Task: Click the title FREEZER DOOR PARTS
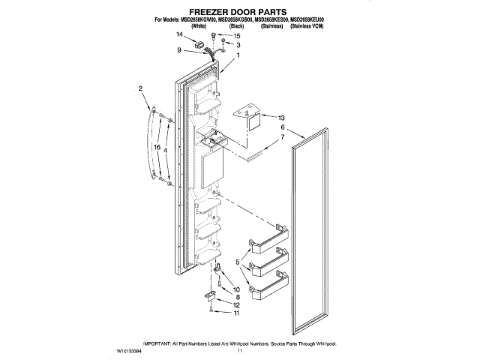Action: pyautogui.click(x=239, y=13)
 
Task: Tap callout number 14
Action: pyautogui.click(x=180, y=35)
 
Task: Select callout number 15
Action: pyautogui.click(x=238, y=36)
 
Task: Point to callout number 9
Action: pyautogui.click(x=180, y=50)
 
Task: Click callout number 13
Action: pyautogui.click(x=282, y=118)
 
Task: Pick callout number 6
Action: pyautogui.click(x=282, y=128)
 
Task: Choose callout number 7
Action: pyautogui.click(x=282, y=139)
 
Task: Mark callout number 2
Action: pyautogui.click(x=140, y=90)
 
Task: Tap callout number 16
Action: pyautogui.click(x=157, y=148)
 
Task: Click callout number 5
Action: pyautogui.click(x=238, y=262)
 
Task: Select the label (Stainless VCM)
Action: pyautogui.click(x=311, y=26)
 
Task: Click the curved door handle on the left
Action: pyautogui.click(x=148, y=142)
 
